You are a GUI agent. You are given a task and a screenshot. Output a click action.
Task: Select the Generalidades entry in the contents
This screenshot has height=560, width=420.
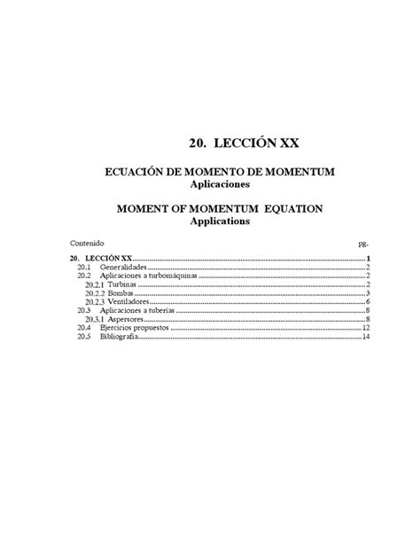[123, 267]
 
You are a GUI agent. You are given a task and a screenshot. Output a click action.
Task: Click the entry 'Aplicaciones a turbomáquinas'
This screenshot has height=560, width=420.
[149, 276]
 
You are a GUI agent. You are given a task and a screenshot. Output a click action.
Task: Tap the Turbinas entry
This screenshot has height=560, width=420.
[125, 284]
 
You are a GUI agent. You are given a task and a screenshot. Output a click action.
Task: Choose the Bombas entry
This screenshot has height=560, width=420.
[123, 293]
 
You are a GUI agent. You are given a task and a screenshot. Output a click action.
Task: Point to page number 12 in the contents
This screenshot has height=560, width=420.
[364, 329]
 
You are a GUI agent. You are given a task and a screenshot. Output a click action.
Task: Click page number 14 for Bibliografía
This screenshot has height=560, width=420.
[364, 338]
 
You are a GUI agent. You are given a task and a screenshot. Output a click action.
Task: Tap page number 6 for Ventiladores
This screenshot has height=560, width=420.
[366, 302]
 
